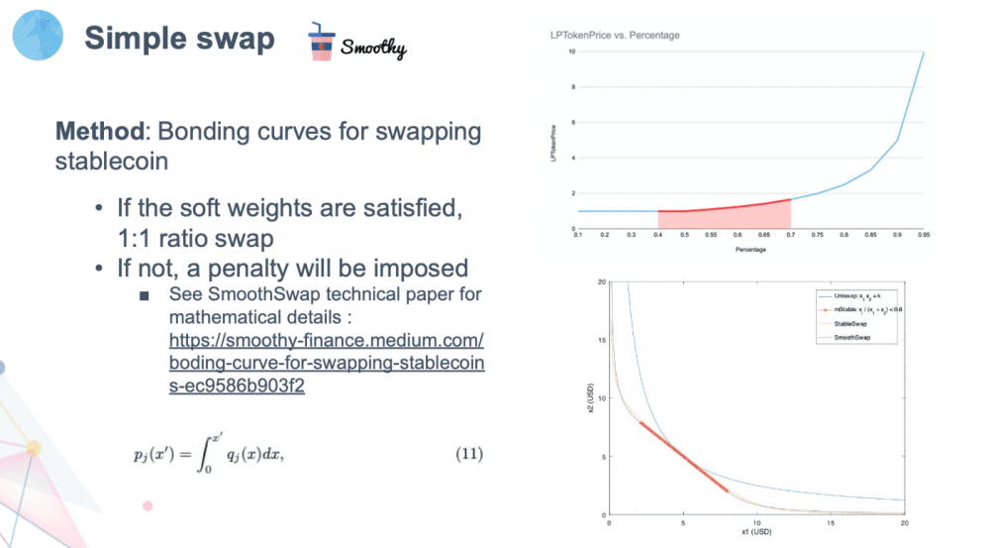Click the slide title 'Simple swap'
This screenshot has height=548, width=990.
pos(178,39)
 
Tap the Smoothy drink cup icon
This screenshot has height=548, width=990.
pos(320,42)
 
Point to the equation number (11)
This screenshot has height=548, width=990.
pos(468,455)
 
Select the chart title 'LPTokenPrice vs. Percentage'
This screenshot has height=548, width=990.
pos(615,36)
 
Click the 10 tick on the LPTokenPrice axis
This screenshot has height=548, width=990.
pos(570,52)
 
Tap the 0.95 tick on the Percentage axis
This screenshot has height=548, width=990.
pos(923,235)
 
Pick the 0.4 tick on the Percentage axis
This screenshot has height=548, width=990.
pos(658,235)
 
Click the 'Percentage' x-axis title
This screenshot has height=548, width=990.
pos(749,250)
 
